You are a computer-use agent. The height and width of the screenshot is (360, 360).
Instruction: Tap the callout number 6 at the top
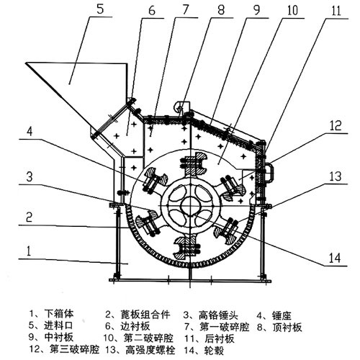pyautogui.click(x=151, y=12)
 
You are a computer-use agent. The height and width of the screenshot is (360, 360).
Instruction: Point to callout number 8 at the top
pyautogui.click(x=222, y=12)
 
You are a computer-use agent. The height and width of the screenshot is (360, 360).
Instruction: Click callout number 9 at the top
pyautogui.click(x=255, y=12)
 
